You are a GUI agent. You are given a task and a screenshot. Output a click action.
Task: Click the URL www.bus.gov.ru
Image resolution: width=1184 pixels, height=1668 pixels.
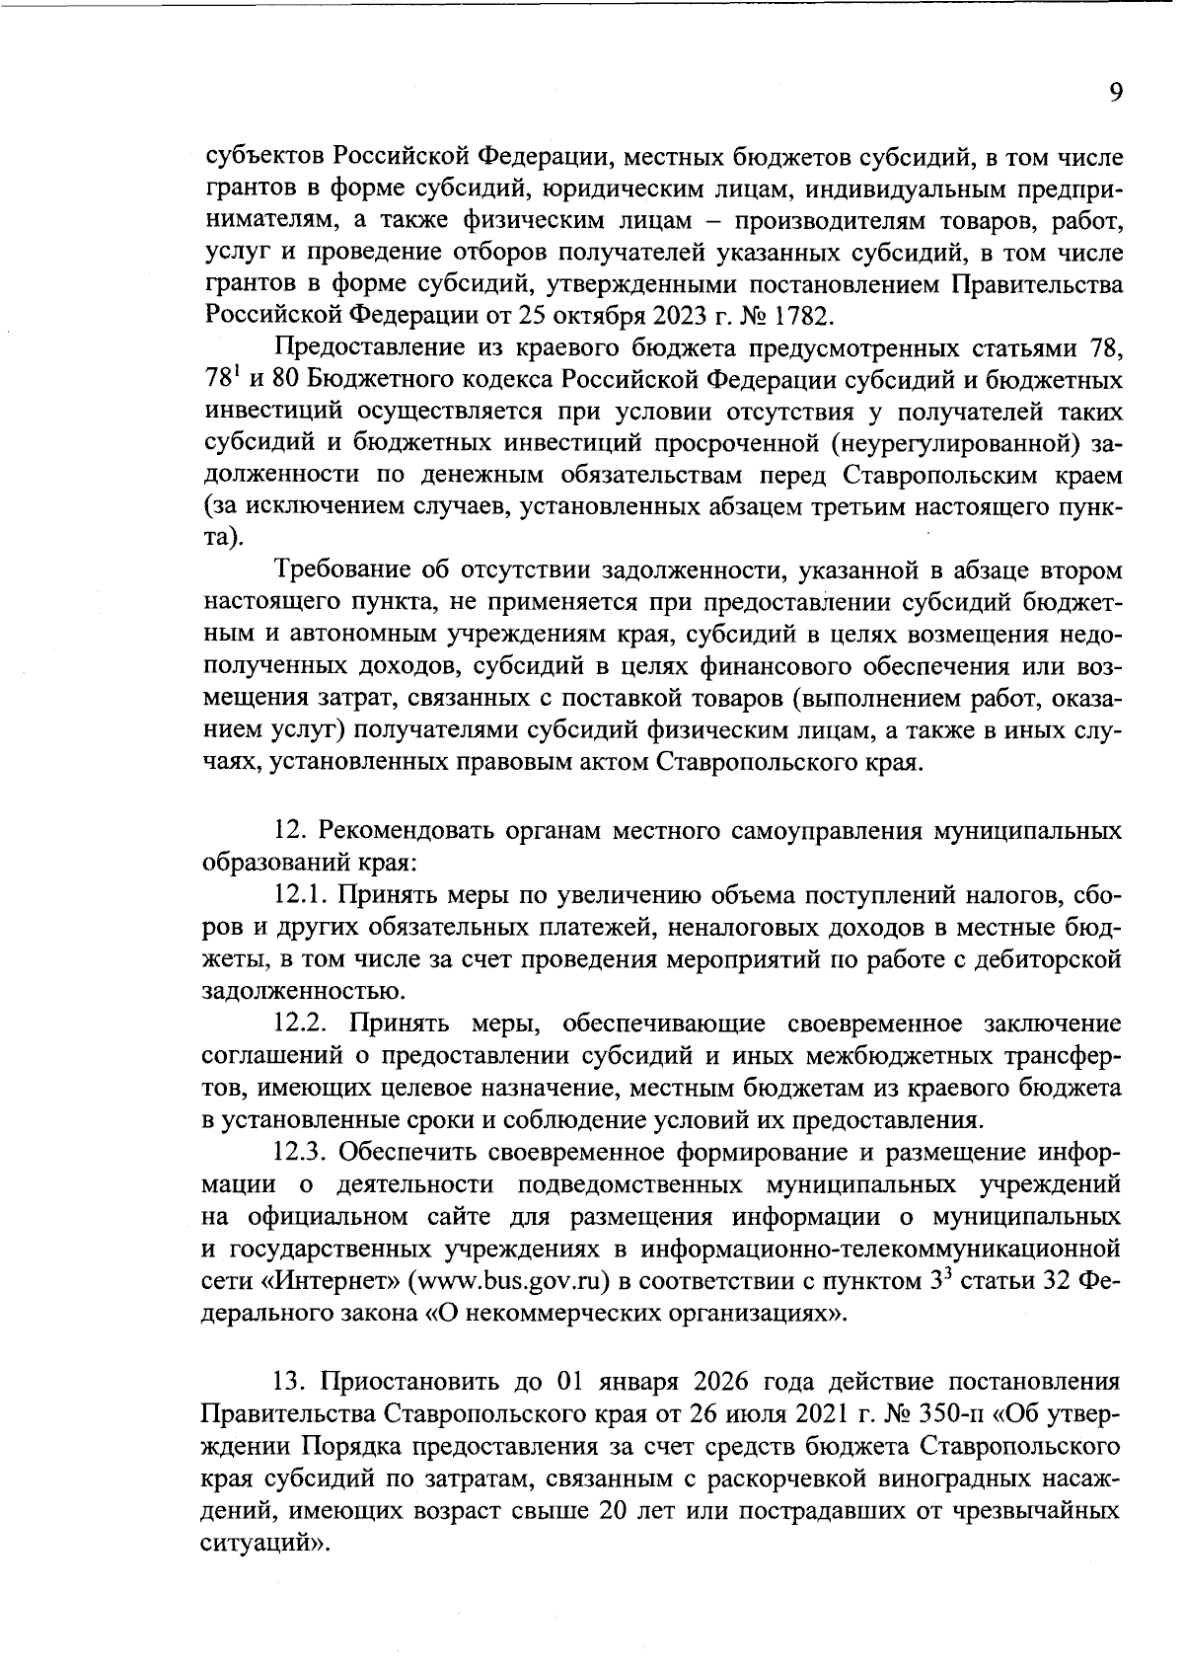(503, 1281)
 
